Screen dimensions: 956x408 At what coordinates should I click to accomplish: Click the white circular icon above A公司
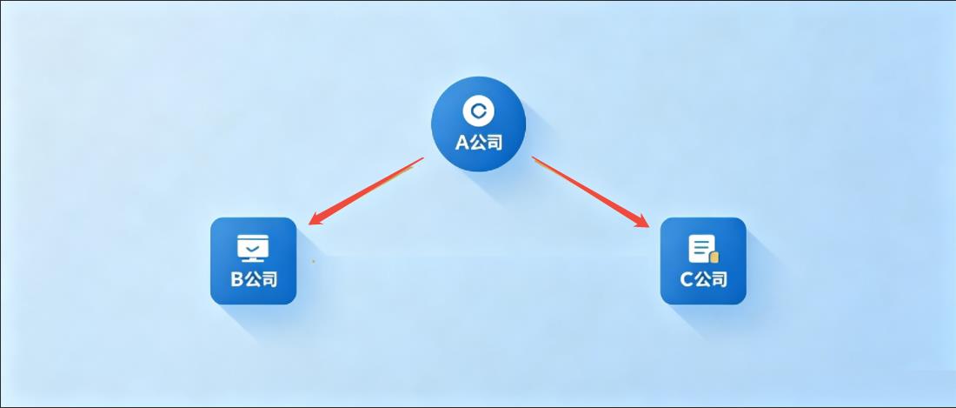[479, 110]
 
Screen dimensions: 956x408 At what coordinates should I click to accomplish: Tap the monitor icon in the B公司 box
[253, 248]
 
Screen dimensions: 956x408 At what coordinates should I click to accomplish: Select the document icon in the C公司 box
[703, 249]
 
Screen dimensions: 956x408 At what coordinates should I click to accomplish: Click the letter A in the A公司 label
[462, 143]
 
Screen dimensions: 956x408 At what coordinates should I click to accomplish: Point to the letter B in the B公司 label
[237, 279]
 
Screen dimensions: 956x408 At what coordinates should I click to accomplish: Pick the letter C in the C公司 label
[687, 279]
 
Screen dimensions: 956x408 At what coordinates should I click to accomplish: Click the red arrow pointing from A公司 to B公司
[366, 191]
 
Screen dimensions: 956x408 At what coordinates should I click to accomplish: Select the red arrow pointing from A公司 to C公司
[590, 191]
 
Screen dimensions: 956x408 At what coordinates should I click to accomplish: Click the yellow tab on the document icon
[714, 257]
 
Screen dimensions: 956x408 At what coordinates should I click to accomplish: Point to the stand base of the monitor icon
[253, 260]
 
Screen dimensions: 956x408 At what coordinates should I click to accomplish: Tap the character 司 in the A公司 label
[495, 143]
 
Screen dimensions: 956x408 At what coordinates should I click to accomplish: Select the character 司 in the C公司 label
[719, 279]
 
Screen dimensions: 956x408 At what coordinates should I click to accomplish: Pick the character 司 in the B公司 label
[269, 279]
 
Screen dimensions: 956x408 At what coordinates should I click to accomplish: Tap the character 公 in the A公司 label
[478, 143]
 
